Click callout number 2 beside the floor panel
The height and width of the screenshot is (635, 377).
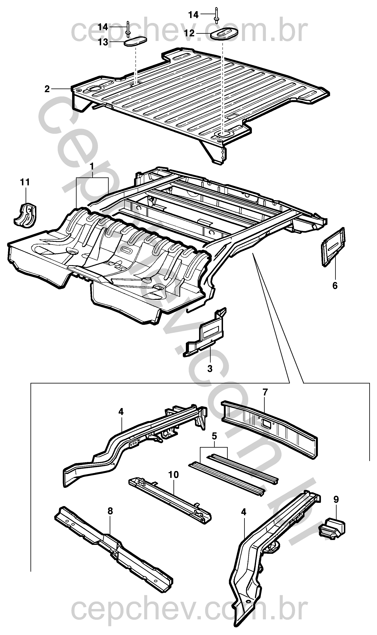tap(47, 89)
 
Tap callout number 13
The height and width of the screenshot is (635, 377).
tap(103, 42)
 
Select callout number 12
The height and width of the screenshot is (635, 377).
tap(190, 33)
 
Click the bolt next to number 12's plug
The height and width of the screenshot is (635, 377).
tap(217, 16)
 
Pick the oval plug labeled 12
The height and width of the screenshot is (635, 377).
tap(225, 33)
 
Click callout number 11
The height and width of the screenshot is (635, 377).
tap(25, 182)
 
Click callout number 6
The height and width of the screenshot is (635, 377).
tap(335, 286)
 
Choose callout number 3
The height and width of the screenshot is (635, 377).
tap(210, 369)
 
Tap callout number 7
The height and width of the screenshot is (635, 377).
tap(265, 392)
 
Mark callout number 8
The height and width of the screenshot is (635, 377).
tap(110, 511)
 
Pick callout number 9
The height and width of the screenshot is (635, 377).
tap(336, 500)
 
